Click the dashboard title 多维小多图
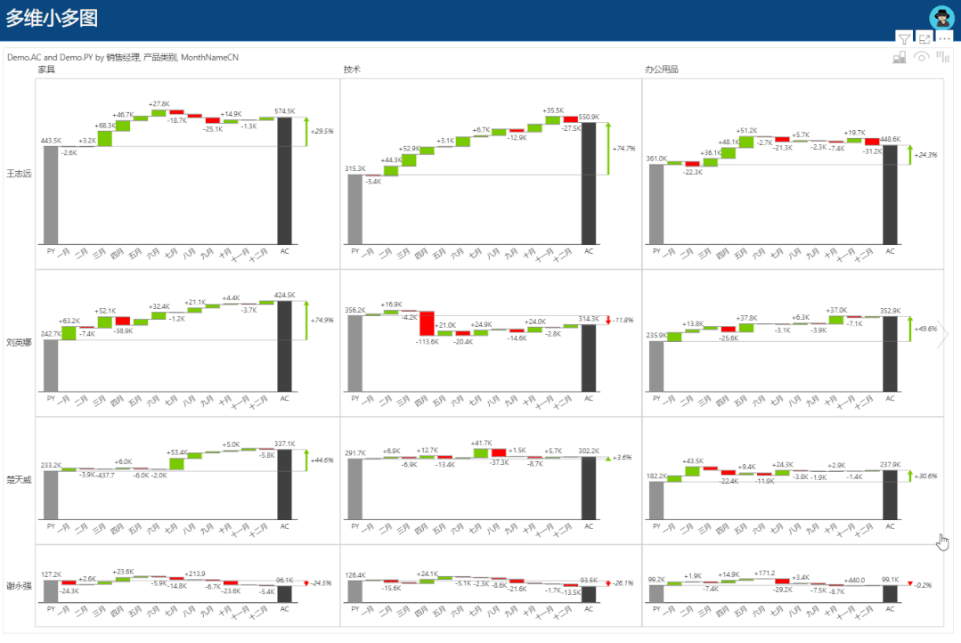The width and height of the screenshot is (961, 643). point(53,19)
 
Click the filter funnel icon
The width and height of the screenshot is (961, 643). point(904,39)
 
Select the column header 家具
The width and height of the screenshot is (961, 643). point(46,69)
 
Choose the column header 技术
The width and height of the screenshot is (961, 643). point(352,69)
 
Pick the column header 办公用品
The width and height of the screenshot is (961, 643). point(661,69)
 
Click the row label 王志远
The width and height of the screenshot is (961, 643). point(19,174)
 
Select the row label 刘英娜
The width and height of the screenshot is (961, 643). point(19,343)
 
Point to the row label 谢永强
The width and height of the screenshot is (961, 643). point(19,585)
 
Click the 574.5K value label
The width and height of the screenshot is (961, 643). point(284,111)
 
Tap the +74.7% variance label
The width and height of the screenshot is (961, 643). point(623,148)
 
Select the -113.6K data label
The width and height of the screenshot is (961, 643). point(427,342)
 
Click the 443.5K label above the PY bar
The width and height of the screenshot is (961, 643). point(51,140)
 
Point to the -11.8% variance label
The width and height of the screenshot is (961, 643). point(622,320)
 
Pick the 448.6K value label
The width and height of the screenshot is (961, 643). point(890,139)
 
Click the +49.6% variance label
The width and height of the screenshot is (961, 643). point(925,329)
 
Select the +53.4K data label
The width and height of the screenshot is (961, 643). point(177,452)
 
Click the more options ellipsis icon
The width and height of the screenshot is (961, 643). point(945,39)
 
